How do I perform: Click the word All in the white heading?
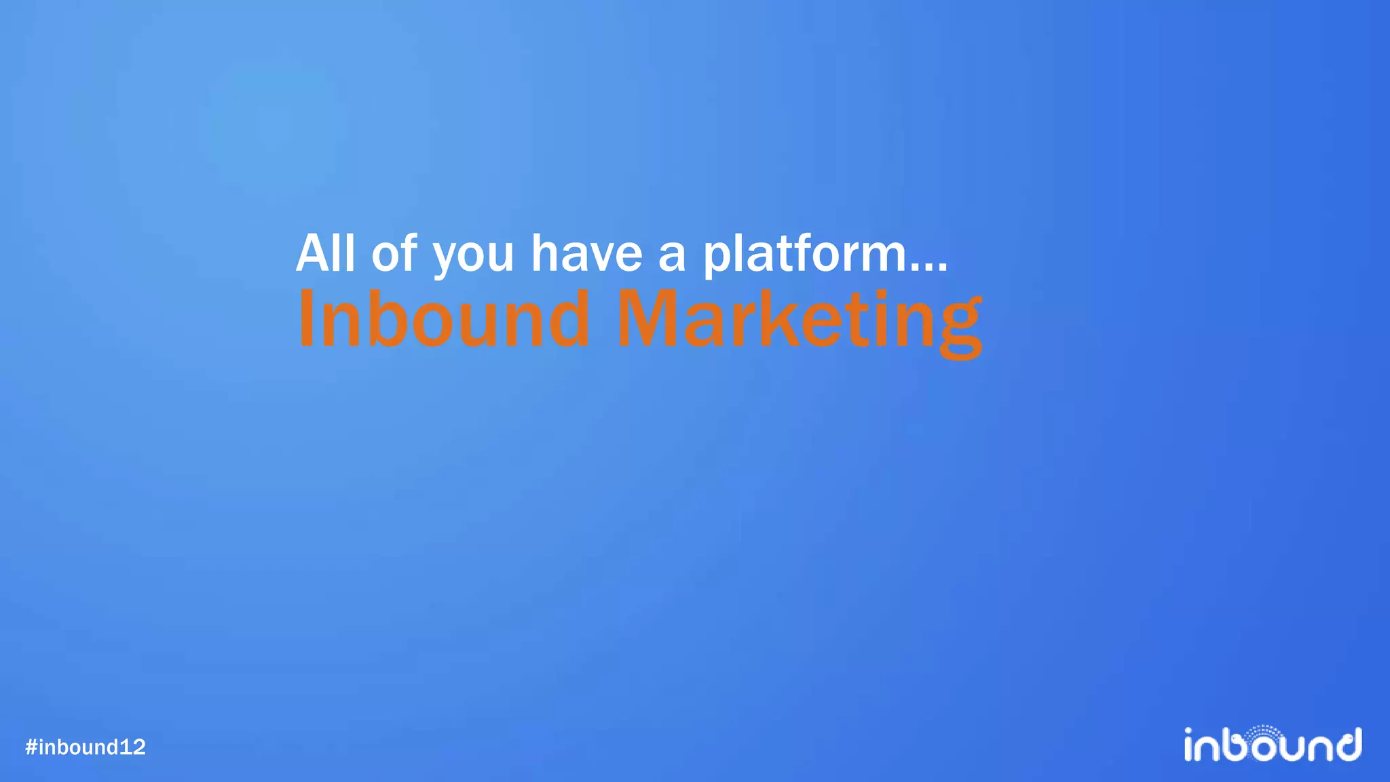(325, 253)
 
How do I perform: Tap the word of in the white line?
(394, 253)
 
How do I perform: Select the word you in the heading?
(473, 257)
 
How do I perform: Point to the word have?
(586, 253)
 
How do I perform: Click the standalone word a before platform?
(672, 256)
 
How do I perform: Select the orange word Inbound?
(444, 319)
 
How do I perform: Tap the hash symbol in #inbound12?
(31, 747)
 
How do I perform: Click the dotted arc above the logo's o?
(1263, 731)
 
